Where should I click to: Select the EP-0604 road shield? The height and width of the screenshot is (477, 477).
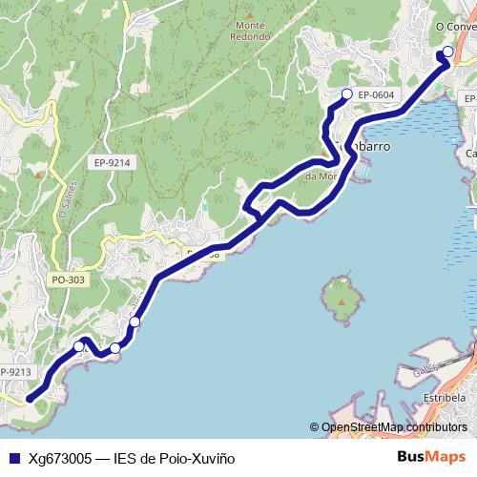[377, 95]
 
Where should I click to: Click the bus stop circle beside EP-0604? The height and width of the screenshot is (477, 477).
[347, 93]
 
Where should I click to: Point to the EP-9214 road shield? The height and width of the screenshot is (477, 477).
[112, 163]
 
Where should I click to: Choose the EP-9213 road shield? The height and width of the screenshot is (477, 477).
[16, 371]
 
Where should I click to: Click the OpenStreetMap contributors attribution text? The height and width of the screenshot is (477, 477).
[393, 427]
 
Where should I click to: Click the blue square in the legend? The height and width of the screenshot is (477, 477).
[13, 458]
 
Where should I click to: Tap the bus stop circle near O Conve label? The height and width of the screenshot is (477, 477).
[447, 52]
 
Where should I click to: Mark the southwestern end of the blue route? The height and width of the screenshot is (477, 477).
[30, 399]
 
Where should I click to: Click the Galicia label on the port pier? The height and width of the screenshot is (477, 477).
[427, 368]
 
